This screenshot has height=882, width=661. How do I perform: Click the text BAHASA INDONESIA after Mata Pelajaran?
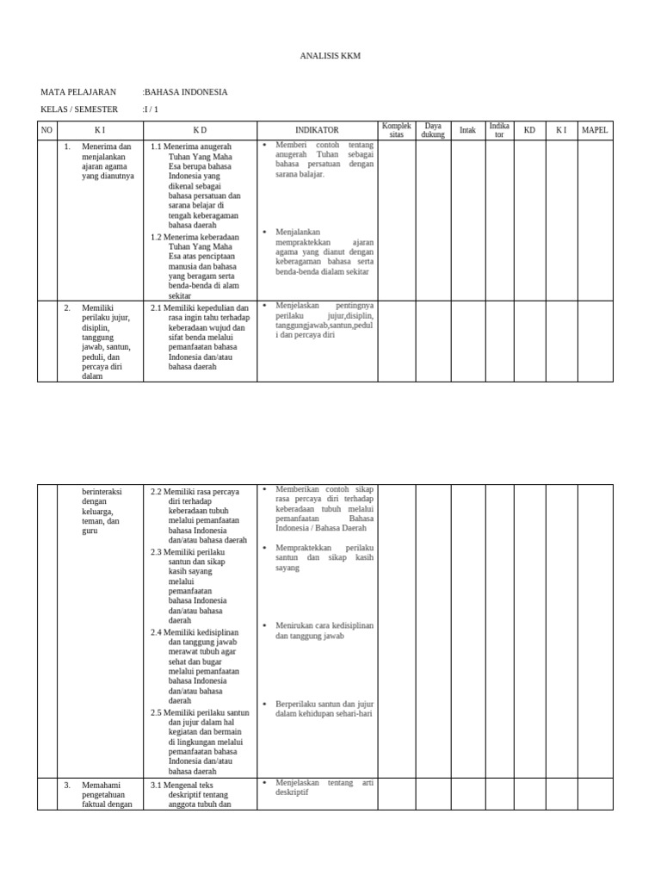pyautogui.click(x=186, y=91)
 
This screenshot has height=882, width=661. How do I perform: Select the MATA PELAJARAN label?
pyautogui.click(x=77, y=91)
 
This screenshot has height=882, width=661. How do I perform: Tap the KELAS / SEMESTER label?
pyautogui.click(x=79, y=110)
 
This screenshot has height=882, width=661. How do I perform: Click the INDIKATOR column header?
pyautogui.click(x=317, y=130)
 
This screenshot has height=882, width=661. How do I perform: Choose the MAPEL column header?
pyautogui.click(x=595, y=130)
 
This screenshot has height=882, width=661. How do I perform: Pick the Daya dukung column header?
pyautogui.click(x=433, y=130)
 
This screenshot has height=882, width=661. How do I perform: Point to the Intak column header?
pyautogui.click(x=467, y=130)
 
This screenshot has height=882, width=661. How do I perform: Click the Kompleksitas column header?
pyautogui.click(x=397, y=130)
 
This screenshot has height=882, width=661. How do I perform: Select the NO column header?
pyautogui.click(x=46, y=130)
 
